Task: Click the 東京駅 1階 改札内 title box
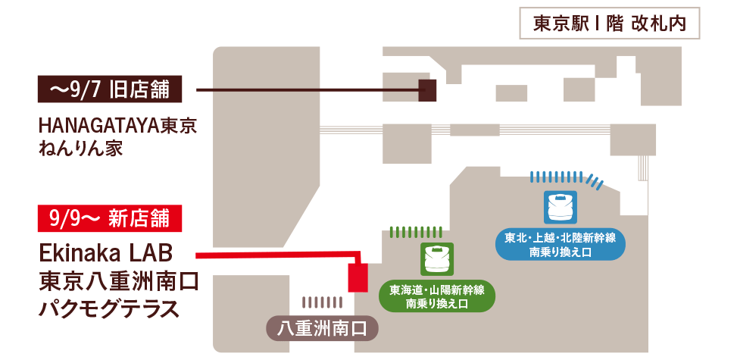610,23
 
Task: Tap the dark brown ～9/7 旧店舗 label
109,90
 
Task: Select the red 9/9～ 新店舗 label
109,218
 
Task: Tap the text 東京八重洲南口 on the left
118,280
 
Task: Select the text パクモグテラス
109,309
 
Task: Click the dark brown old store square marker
428,90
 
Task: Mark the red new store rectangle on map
358,277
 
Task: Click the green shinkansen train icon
436,258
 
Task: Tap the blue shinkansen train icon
561,205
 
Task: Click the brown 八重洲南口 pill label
322,330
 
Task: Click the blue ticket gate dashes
567,177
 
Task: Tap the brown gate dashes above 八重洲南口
321,302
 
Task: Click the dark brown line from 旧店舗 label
303,90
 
